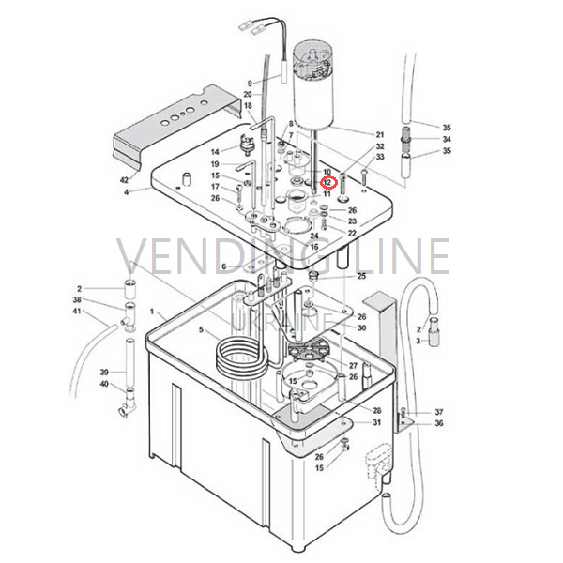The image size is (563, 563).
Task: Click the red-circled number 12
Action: tap(327, 183)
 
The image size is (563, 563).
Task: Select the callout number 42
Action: tap(124, 179)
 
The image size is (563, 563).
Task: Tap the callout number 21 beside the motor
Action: tap(380, 134)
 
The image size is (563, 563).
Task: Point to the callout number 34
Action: tap(447, 139)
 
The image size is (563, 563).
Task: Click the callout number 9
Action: tap(250, 84)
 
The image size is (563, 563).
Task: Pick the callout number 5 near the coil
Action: tap(201, 329)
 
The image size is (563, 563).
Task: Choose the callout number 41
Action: tap(77, 311)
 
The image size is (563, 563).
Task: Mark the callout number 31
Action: tap(376, 422)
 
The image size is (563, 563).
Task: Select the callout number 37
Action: tap(439, 412)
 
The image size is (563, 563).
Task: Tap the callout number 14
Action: tap(215, 152)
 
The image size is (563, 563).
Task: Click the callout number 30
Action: tap(361, 327)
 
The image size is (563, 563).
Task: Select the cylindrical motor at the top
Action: tap(313, 86)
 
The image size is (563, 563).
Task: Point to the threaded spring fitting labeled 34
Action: tap(406, 139)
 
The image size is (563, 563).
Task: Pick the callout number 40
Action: tap(104, 384)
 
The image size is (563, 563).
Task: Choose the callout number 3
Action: tap(418, 341)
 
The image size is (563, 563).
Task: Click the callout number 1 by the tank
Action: tap(152, 312)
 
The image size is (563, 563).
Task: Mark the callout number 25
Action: tap(361, 276)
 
